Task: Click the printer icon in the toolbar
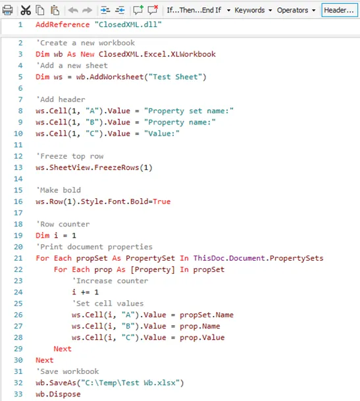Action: click(7, 11)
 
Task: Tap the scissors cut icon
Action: click(26, 11)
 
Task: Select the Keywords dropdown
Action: click(253, 11)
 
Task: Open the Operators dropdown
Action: click(296, 11)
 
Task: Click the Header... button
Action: click(340, 11)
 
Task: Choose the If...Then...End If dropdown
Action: click(198, 11)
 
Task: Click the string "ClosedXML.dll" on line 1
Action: click(128, 24)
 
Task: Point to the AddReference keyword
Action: click(63, 24)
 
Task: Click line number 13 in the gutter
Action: click(18, 167)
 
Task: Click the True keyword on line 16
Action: click(162, 201)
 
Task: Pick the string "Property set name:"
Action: click(189, 111)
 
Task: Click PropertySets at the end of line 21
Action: click(297, 258)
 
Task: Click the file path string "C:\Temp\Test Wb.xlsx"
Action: click(130, 383)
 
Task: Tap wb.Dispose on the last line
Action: click(58, 394)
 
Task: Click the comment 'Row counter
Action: click(63, 225)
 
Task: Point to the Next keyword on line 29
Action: click(63, 349)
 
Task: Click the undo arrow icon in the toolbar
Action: click(73, 11)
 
